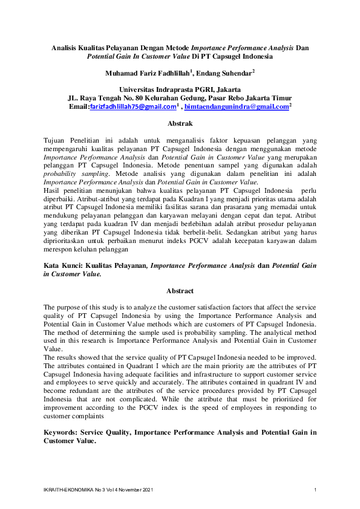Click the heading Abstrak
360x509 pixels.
[180, 123]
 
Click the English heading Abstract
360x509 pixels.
[180, 291]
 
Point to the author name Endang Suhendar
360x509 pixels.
[226, 73]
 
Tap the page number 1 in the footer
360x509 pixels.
[315, 489]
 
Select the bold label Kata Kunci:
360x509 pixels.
[67, 265]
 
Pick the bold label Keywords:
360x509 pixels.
[67, 433]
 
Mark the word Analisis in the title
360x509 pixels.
[66, 47]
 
